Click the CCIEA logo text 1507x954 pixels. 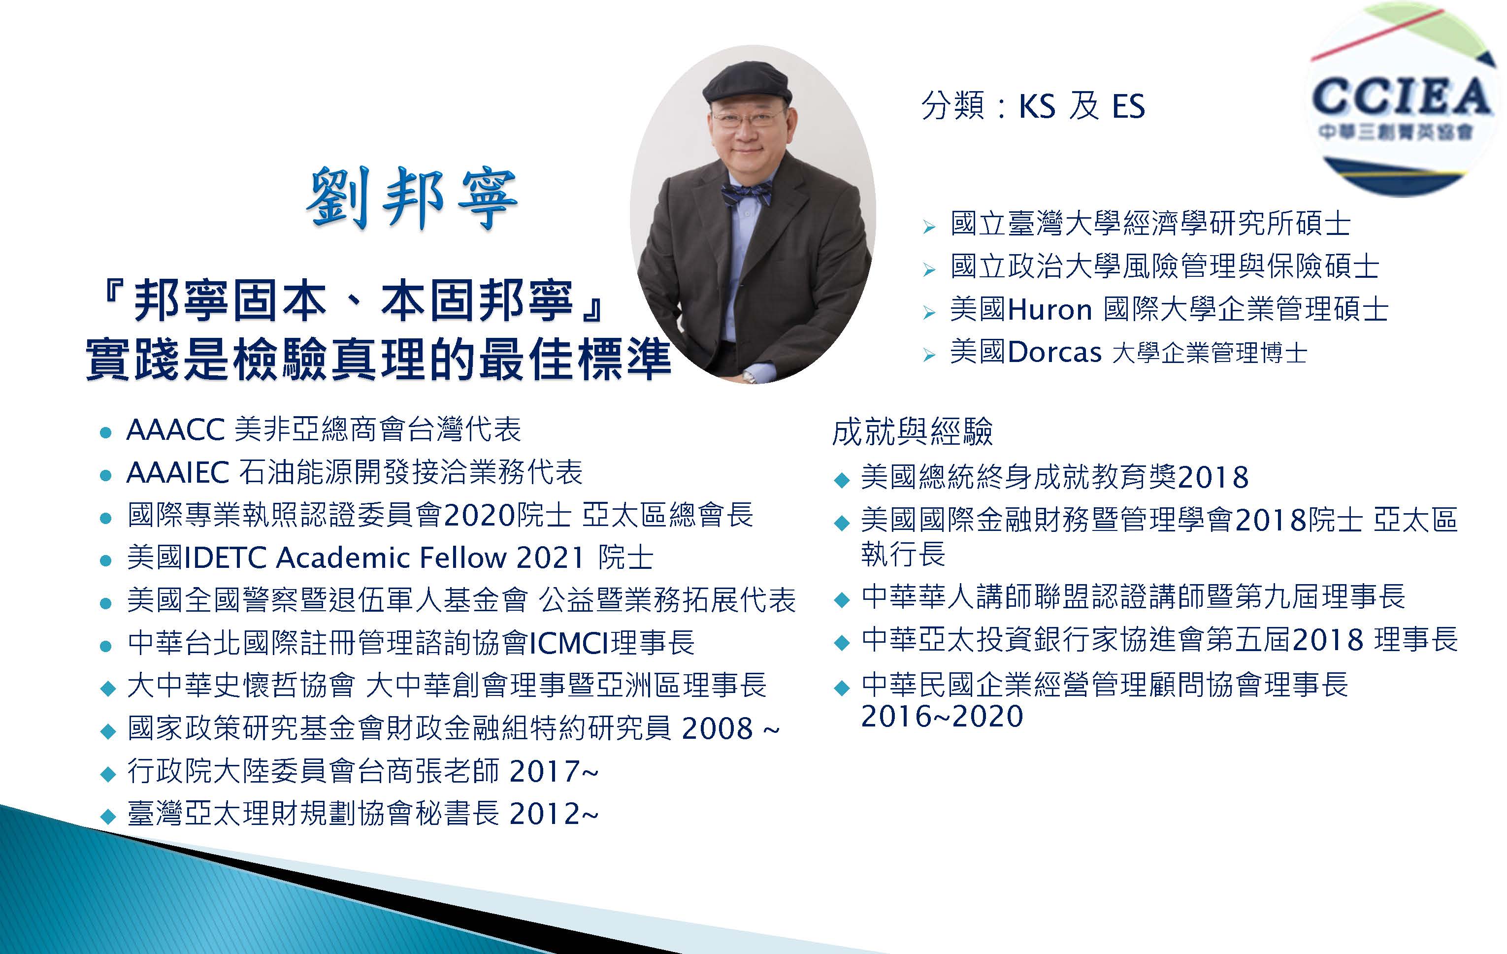click(x=1401, y=98)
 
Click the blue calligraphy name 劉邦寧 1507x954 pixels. click(x=412, y=198)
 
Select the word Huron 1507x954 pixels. click(x=1050, y=310)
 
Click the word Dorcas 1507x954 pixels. click(x=1054, y=353)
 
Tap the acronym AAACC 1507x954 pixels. click(x=175, y=430)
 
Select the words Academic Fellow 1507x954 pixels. click(x=391, y=558)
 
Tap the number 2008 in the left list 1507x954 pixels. click(x=717, y=728)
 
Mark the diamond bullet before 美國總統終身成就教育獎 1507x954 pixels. click(x=842, y=480)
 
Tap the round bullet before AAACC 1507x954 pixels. click(x=106, y=432)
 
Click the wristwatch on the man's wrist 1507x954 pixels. click(x=749, y=377)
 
